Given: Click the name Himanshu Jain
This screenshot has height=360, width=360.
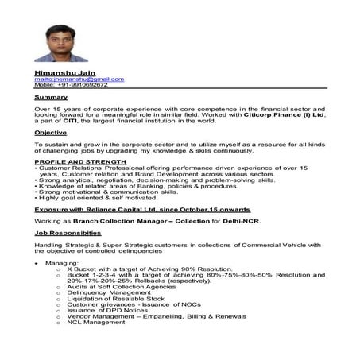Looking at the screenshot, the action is (x=60, y=72).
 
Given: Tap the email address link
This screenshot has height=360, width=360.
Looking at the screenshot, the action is (x=79, y=79).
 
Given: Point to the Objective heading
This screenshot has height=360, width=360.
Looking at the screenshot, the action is (x=50, y=132).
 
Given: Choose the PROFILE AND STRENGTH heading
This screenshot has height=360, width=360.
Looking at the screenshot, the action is (x=69, y=161).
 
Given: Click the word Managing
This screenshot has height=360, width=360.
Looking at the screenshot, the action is (x=61, y=262).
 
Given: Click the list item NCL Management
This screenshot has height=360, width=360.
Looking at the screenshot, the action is (x=96, y=322).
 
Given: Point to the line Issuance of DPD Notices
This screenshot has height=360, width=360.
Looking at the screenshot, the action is (x=104, y=310).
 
